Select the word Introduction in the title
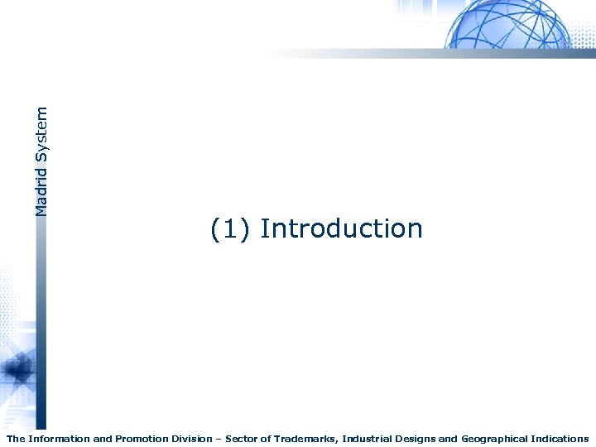(x=341, y=228)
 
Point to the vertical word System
(x=41, y=133)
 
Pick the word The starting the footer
(x=16, y=439)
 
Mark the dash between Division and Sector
(x=220, y=439)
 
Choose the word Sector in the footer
(x=243, y=439)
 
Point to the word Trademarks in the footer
(x=307, y=439)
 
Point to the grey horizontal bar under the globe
(x=430, y=53)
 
